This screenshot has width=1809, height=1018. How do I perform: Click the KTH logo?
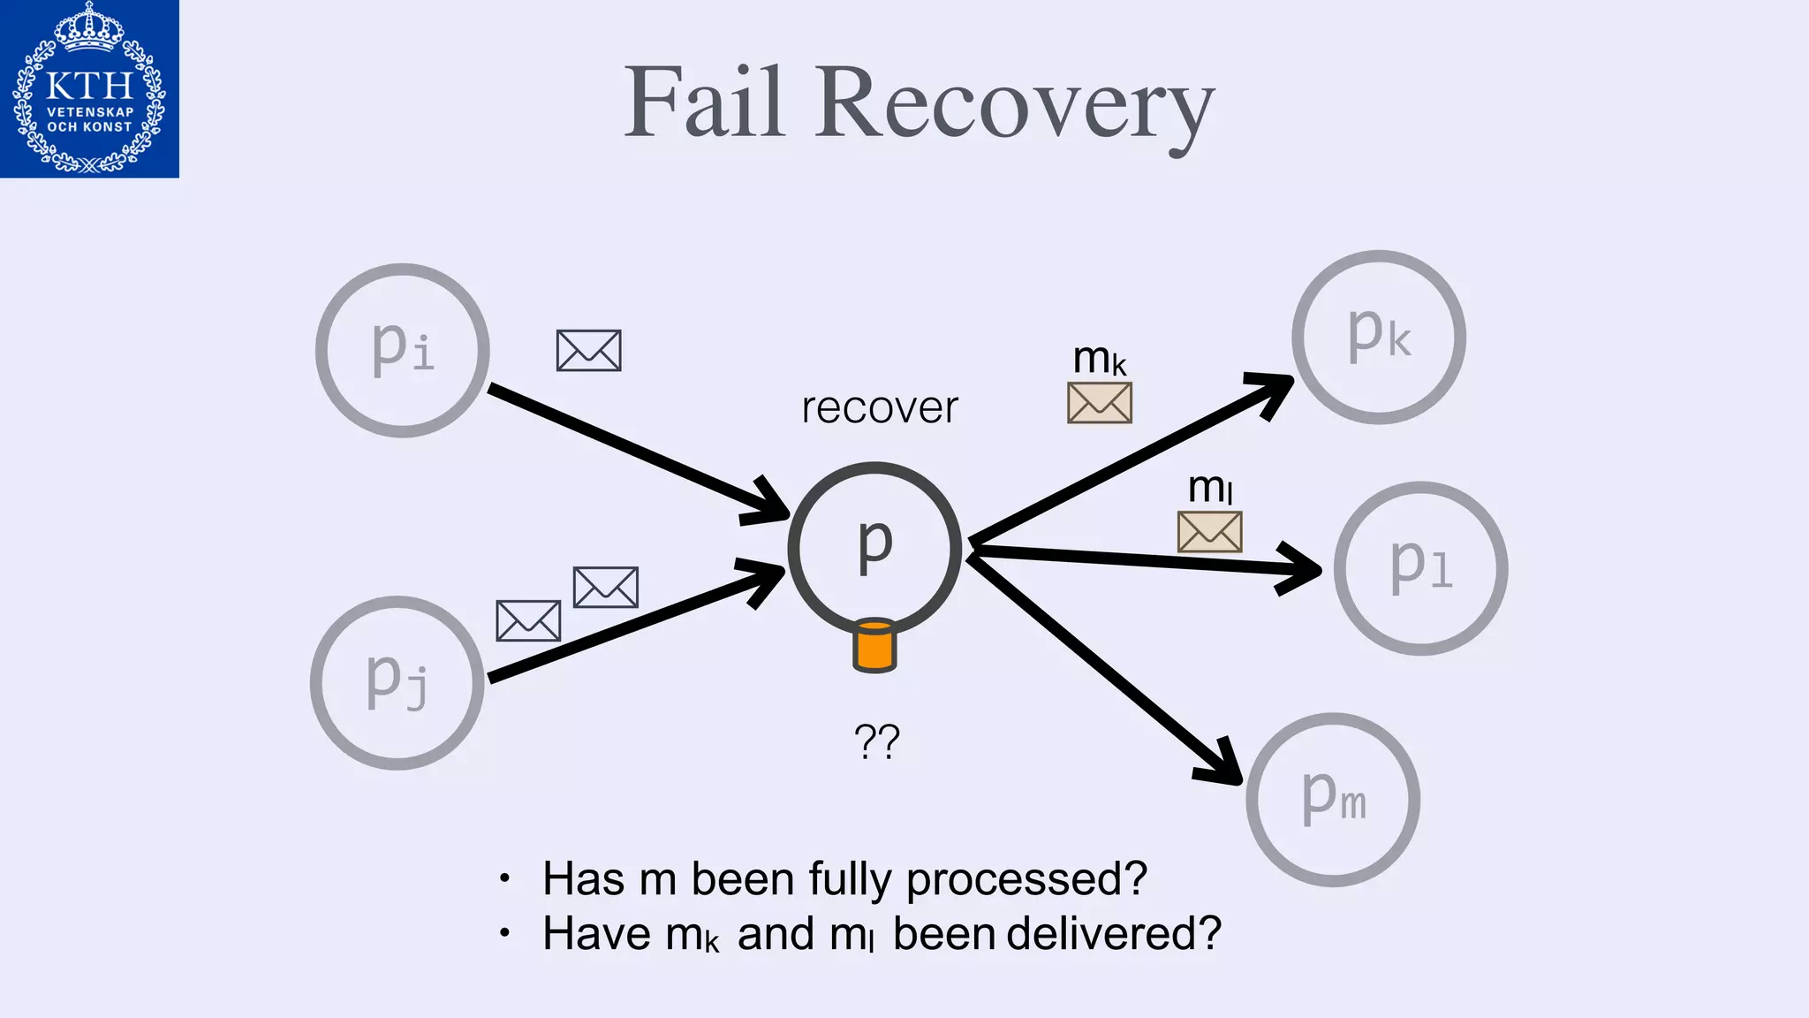coord(89,88)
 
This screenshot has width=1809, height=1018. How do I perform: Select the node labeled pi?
coord(403,350)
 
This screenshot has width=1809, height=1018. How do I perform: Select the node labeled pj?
coord(397,683)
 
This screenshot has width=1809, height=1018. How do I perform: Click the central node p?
coord(874,548)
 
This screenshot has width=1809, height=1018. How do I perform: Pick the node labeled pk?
coord(1379,337)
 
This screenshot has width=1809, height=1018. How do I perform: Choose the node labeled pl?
coord(1420,568)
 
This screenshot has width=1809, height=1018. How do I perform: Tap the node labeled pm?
coord(1333,800)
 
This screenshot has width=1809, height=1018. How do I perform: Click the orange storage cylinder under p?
coord(874,646)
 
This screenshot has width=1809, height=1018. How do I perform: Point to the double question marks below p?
coord(876,742)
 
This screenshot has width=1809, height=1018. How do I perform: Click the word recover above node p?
coord(880,408)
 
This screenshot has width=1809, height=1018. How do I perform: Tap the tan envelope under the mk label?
coord(1100,403)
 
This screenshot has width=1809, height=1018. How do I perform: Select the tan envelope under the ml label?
coord(1210,532)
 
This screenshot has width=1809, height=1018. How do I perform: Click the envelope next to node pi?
coord(589,351)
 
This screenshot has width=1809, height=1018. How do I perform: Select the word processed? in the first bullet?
coord(1026,880)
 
